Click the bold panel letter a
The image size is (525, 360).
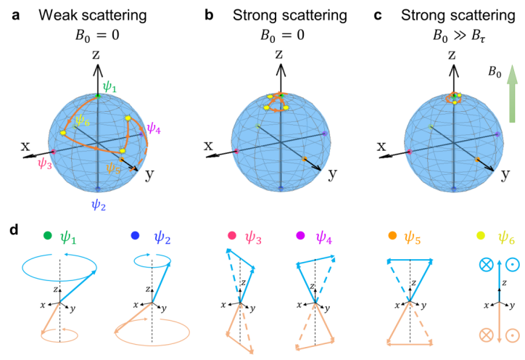15,15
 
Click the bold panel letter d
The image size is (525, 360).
14,230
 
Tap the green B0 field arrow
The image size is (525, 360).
512,94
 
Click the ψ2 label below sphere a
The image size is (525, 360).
99,204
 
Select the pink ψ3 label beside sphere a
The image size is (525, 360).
45,163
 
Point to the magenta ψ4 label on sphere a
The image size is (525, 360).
154,127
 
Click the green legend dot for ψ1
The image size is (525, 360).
48,236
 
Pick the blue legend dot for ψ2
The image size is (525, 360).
135,236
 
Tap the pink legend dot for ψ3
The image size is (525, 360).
232,236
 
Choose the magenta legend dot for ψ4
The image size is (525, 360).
300,236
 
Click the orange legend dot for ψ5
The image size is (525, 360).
392,236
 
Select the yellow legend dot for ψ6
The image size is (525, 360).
481,236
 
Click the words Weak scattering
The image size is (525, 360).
93,15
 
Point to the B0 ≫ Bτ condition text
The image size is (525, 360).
459,35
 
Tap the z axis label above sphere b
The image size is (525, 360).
279,54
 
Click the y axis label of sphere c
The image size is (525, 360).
505,174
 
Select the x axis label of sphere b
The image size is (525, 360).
209,146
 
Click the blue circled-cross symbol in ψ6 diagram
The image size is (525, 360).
486,264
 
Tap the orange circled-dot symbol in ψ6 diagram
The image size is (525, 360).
513,335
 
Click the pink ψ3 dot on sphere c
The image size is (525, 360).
410,152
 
